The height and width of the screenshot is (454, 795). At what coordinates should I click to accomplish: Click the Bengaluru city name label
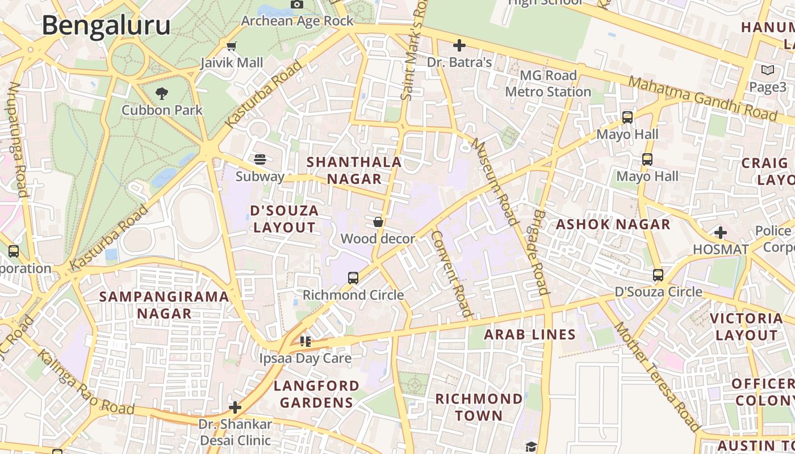pyautogui.click(x=106, y=26)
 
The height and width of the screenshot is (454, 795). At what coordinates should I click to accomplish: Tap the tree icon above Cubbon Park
pyautogui.click(x=162, y=93)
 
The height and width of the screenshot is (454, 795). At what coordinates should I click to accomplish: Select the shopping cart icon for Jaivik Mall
pyautogui.click(x=231, y=47)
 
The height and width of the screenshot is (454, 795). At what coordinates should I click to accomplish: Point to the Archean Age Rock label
pyautogui.click(x=297, y=21)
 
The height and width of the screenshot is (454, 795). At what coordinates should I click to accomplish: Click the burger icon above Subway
pyautogui.click(x=260, y=159)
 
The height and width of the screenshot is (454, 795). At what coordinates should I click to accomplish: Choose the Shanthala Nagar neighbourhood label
pyautogui.click(x=354, y=170)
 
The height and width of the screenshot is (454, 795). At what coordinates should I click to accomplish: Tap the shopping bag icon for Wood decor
pyautogui.click(x=378, y=222)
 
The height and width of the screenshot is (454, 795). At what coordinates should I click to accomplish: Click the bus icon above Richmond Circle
pyautogui.click(x=353, y=278)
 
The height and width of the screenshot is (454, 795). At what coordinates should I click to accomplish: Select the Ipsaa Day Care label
pyautogui.click(x=305, y=358)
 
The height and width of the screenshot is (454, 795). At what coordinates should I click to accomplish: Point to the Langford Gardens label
pyautogui.click(x=316, y=394)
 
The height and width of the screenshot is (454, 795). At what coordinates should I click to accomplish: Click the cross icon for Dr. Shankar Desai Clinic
pyautogui.click(x=235, y=407)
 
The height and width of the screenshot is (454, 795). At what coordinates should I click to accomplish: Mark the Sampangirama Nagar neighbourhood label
pyautogui.click(x=164, y=305)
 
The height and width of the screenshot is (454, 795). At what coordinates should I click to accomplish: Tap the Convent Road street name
pyautogui.click(x=451, y=273)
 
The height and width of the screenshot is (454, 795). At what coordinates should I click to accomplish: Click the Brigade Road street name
pyautogui.click(x=541, y=253)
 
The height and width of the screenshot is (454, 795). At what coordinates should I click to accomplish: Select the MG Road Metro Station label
pyautogui.click(x=548, y=83)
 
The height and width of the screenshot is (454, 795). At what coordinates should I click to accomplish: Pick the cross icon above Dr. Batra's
pyautogui.click(x=459, y=45)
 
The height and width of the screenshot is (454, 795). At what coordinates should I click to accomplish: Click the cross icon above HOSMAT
pyautogui.click(x=721, y=233)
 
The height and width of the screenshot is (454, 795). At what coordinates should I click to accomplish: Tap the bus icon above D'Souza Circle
pyautogui.click(x=658, y=275)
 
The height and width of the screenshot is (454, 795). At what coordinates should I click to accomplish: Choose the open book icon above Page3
pyautogui.click(x=767, y=70)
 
